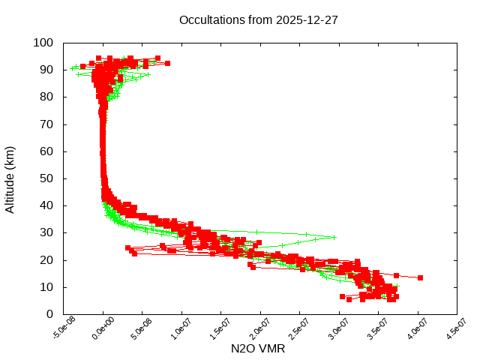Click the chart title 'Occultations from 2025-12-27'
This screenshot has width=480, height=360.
click(x=258, y=20)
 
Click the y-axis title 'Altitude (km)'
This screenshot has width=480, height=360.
click(x=10, y=178)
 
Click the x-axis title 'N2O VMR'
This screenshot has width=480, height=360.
click(x=258, y=349)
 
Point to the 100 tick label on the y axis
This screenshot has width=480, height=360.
click(x=43, y=43)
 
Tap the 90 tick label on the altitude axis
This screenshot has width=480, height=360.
click(x=46, y=70)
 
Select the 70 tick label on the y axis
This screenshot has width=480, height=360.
click(x=46, y=124)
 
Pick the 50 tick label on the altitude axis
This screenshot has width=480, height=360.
click(x=46, y=178)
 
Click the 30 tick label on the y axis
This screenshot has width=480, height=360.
click(x=46, y=232)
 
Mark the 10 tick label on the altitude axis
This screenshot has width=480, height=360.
click(x=46, y=287)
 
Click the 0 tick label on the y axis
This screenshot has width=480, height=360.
click(x=49, y=314)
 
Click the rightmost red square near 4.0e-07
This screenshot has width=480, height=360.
click(x=420, y=277)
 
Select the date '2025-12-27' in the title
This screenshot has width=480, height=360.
click(x=307, y=20)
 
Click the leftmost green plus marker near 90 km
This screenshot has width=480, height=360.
click(x=73, y=68)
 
